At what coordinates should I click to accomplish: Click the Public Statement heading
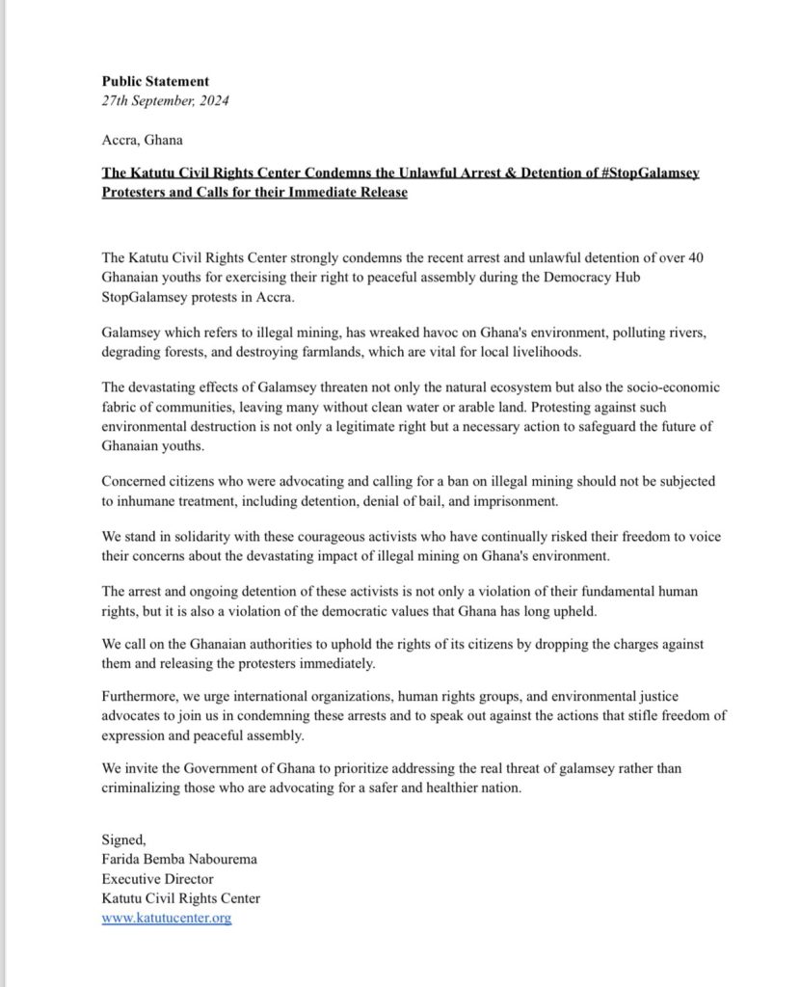pyautogui.click(x=155, y=81)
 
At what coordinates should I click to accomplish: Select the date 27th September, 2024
pyautogui.click(x=165, y=100)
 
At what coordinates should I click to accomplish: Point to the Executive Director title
pyautogui.click(x=158, y=879)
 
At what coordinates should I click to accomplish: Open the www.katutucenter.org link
pyautogui.click(x=167, y=919)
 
